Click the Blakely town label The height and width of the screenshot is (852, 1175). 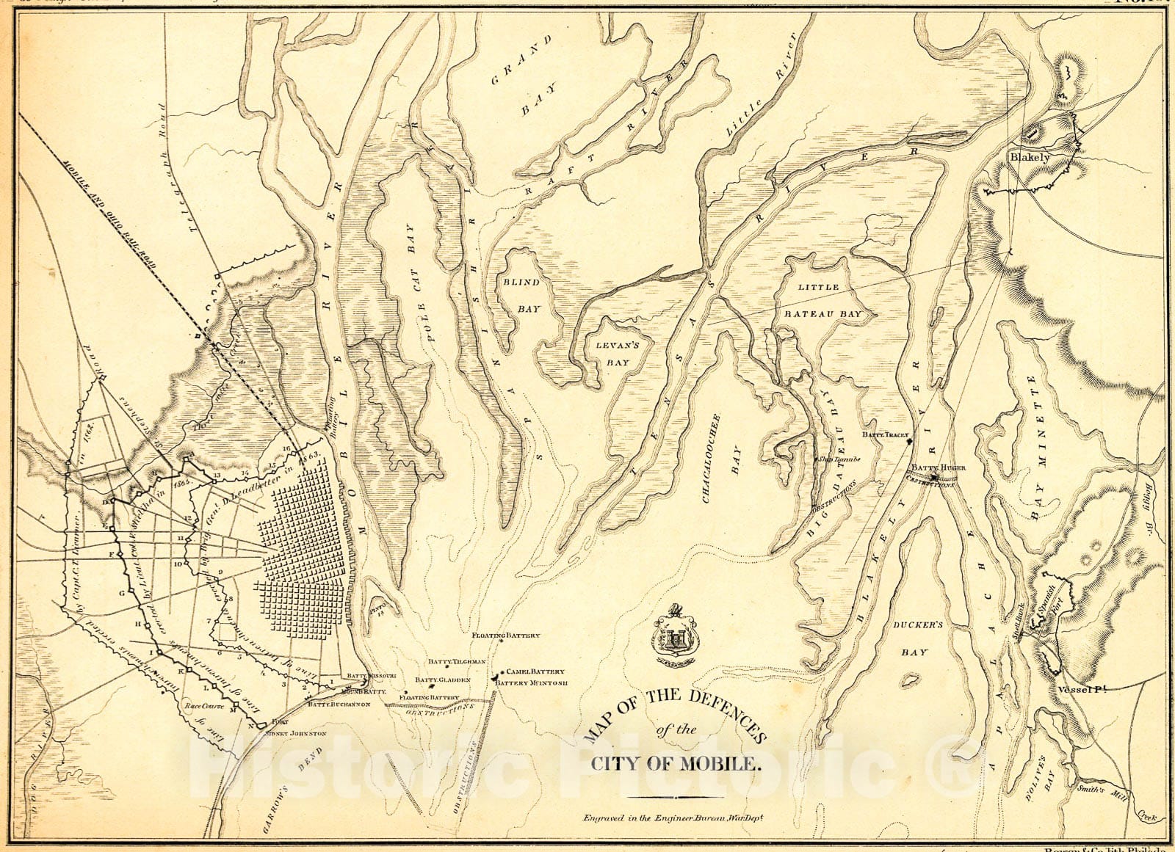(x=1030, y=157)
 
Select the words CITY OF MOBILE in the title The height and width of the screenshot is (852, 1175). (x=675, y=764)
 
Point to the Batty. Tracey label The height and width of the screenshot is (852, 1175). (x=885, y=435)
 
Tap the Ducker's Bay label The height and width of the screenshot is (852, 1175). (x=917, y=638)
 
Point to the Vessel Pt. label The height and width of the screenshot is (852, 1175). (x=1082, y=688)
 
